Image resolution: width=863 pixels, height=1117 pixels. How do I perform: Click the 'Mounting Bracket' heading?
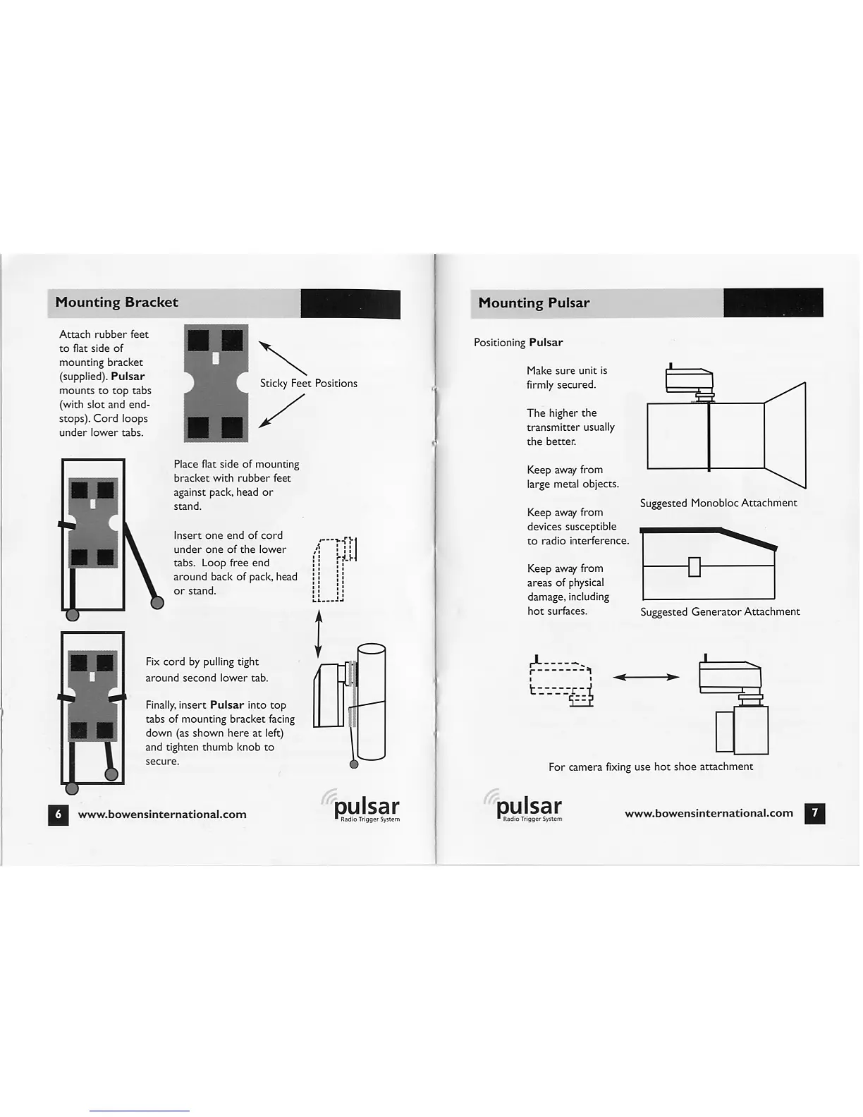click(116, 303)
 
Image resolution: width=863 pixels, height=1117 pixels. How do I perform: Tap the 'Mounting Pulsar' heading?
click(533, 303)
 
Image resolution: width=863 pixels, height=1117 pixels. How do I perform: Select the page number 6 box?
click(59, 814)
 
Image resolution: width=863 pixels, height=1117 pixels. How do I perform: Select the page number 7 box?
click(814, 813)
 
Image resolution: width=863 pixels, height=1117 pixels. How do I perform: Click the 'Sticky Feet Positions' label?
click(308, 384)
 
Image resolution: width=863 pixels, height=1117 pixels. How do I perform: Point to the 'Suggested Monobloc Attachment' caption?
click(718, 503)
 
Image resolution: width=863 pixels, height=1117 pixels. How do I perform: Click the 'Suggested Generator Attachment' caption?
click(719, 611)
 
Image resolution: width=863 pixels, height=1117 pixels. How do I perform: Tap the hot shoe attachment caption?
click(650, 767)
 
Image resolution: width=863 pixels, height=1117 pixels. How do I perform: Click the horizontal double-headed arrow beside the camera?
click(645, 677)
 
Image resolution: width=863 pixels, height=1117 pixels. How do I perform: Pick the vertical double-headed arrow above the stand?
click(319, 633)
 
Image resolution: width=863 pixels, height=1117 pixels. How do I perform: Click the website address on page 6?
click(162, 814)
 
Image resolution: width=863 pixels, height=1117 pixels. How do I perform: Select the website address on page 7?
click(709, 813)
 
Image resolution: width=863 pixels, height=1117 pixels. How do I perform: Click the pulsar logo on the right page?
click(527, 807)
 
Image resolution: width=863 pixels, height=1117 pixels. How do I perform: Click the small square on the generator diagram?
click(694, 566)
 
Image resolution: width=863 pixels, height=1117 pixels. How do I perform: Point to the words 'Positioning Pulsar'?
click(518, 343)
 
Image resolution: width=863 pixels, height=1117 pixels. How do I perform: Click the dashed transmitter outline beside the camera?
click(561, 680)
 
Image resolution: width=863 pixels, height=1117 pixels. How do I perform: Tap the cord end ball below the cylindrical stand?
click(354, 764)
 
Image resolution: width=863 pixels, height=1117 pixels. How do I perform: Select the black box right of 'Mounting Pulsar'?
click(773, 303)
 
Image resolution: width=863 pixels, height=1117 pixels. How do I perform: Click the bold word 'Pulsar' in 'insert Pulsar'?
click(226, 705)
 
